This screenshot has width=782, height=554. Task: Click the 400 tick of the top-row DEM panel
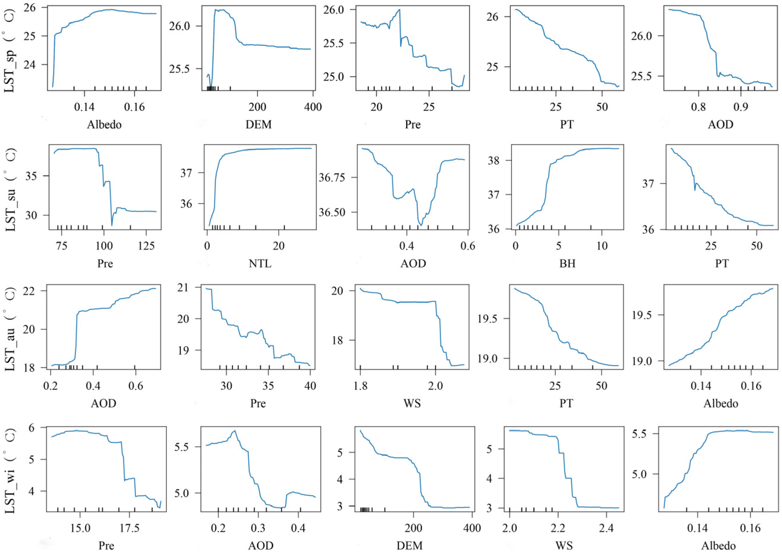pyautogui.click(x=313, y=107)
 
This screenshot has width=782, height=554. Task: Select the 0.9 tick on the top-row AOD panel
pyautogui.click(x=740, y=107)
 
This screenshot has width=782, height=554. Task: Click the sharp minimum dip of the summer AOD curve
pyautogui.click(x=421, y=225)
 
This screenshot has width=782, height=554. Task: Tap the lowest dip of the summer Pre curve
pyautogui.click(x=112, y=225)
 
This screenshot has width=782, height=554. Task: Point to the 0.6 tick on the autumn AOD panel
pyautogui.click(x=135, y=387)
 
